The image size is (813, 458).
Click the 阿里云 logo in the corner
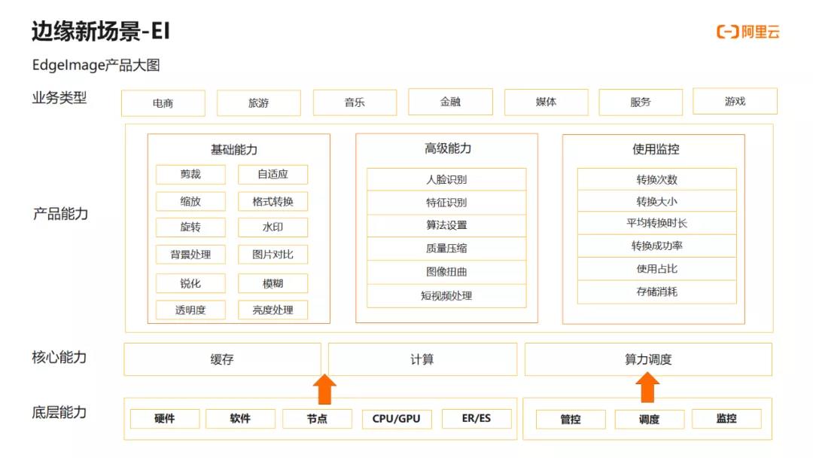click(x=748, y=32)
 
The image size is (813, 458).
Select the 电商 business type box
click(x=163, y=103)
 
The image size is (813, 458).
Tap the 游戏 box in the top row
click(x=735, y=101)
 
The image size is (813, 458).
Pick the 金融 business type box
click(x=450, y=102)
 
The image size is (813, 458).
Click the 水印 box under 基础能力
click(x=273, y=227)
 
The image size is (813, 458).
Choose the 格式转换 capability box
click(x=273, y=201)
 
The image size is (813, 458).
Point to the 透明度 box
click(x=190, y=310)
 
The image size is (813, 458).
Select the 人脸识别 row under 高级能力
click(x=446, y=179)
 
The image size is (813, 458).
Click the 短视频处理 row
click(x=446, y=295)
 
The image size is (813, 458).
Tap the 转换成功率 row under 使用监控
click(x=657, y=246)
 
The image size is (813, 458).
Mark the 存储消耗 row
click(x=657, y=292)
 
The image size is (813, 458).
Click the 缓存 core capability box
click(x=222, y=359)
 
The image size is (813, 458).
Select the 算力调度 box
click(x=648, y=359)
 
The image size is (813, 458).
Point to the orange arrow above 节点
click(x=324, y=389)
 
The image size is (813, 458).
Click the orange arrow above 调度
click(x=647, y=388)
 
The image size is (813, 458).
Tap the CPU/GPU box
click(x=396, y=419)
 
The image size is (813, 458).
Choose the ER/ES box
click(x=477, y=418)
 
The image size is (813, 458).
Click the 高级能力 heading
click(x=448, y=149)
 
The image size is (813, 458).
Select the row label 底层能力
click(x=59, y=412)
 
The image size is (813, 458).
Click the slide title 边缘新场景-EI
click(x=101, y=31)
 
